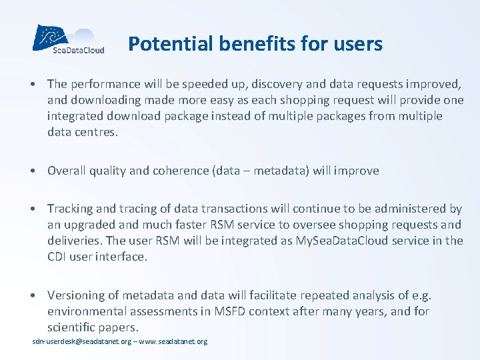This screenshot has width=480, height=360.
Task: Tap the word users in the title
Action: tap(359, 44)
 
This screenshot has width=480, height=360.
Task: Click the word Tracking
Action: tap(71, 209)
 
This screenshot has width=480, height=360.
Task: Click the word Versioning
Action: tap(76, 295)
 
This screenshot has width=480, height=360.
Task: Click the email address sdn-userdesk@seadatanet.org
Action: tap(82, 341)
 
